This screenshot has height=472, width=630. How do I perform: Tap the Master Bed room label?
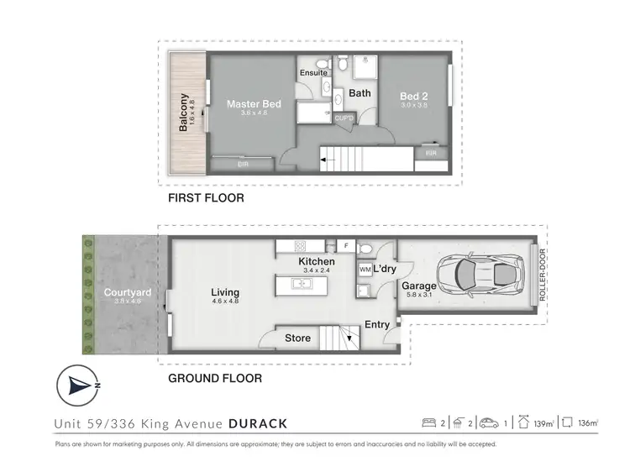click(x=254, y=105)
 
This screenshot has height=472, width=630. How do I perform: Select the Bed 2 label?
click(x=414, y=97)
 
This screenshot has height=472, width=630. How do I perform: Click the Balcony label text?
click(x=183, y=112)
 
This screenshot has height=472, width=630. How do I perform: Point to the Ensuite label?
click(x=312, y=73)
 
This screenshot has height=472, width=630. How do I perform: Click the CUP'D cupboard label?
click(x=344, y=118)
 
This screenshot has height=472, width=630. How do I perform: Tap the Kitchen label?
click(x=316, y=262)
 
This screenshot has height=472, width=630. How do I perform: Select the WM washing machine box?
click(x=365, y=270)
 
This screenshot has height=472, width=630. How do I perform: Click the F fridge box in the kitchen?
click(x=347, y=246)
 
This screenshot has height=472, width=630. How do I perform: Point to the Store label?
click(x=297, y=338)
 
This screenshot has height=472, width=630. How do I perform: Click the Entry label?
click(x=377, y=325)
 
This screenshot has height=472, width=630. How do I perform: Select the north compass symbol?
click(x=79, y=385)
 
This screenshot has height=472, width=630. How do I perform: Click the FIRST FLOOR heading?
click(x=207, y=199)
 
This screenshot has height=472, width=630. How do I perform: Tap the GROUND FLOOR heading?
click(x=215, y=379)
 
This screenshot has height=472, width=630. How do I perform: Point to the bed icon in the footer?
click(x=430, y=422)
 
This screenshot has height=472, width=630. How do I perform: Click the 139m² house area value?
click(x=543, y=422)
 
